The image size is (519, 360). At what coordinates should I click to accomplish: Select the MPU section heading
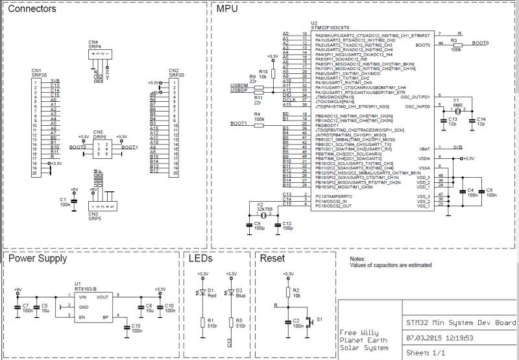point(228,10)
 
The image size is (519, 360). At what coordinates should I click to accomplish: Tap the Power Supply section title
point(37,259)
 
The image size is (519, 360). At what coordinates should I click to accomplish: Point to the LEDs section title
point(200,259)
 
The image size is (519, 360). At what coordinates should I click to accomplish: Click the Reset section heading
point(272,259)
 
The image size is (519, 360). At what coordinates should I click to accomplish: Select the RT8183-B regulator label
point(86,289)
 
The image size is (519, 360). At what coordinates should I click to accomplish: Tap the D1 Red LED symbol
point(203,292)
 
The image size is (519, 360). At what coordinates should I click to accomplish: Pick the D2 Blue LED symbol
point(232,292)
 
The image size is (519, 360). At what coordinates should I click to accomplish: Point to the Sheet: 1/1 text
point(425,352)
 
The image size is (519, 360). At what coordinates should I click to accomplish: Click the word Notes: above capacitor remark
point(358,258)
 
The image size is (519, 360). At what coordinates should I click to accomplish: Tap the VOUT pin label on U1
point(103,296)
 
